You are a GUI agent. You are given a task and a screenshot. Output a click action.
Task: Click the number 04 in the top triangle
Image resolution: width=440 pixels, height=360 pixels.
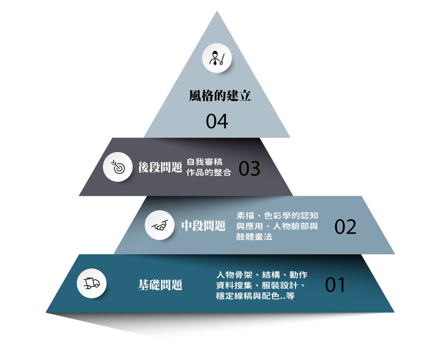point(217,121)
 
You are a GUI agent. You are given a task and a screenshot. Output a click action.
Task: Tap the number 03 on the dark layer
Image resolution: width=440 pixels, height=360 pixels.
point(250,169)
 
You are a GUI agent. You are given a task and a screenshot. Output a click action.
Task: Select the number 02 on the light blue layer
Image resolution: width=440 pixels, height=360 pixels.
point(345,227)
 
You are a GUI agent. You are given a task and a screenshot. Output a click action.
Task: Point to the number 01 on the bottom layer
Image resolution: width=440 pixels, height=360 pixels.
point(335,285)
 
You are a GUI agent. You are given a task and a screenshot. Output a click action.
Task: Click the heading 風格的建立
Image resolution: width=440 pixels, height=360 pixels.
point(220,96)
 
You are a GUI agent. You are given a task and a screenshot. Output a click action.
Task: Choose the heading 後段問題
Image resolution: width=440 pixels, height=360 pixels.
point(160,167)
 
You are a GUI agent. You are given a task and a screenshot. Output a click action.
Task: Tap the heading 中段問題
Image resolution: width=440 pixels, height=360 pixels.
point(203,226)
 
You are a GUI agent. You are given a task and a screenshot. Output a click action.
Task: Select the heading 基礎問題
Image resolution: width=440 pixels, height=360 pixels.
point(160,284)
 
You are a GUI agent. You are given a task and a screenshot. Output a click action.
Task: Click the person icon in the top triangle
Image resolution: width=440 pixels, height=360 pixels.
point(217,58)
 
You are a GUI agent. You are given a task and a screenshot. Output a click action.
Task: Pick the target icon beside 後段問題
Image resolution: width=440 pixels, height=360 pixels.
point(118,167)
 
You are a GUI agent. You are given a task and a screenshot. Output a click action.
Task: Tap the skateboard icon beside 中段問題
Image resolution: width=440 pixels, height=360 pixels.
point(160,225)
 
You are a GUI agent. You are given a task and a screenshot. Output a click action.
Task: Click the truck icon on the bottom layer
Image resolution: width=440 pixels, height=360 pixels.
point(92,284)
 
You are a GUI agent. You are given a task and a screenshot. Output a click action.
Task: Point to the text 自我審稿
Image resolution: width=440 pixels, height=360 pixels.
point(205,162)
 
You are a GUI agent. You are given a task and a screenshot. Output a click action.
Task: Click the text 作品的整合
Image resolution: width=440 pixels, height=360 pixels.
point(209,172)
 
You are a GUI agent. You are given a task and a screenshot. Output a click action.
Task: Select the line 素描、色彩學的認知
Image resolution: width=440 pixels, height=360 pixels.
point(277,216)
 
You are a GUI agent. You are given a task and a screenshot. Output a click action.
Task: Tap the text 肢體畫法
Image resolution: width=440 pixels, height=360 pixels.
point(254,237)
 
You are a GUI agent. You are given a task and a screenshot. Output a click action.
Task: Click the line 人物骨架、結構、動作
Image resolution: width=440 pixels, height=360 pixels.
point(262,275)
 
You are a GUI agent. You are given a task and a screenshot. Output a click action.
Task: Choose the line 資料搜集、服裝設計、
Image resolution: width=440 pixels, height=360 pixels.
point(261,285)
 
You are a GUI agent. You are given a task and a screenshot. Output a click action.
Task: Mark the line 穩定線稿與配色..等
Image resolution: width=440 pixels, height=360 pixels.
point(255,296)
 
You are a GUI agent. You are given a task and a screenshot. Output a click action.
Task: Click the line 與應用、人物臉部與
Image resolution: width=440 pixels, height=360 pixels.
point(277,226)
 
